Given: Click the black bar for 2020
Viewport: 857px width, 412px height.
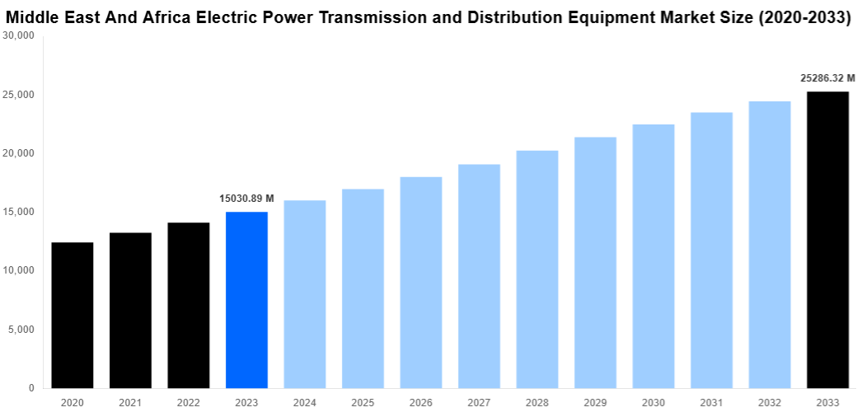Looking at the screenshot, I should click(x=73, y=315).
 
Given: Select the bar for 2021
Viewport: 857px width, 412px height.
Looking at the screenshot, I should click(x=130, y=310).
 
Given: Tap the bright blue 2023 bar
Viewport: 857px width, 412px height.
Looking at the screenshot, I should click(x=246, y=300).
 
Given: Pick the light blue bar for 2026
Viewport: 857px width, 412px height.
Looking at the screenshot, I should click(x=421, y=282).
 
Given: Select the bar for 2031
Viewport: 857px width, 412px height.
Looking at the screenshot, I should click(x=711, y=250).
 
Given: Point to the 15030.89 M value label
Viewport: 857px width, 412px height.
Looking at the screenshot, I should click(x=246, y=199).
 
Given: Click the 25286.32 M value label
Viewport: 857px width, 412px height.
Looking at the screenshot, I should click(x=827, y=78).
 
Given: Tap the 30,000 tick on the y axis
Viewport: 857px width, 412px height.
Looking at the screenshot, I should click(x=18, y=36).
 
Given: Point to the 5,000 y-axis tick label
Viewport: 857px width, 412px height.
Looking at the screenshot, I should click(x=21, y=330).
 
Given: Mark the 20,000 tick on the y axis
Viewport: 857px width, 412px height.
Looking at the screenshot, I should click(x=18, y=153).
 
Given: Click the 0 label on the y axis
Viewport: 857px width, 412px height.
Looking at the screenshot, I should click(x=31, y=388).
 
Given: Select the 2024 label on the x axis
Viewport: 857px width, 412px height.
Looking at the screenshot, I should click(x=304, y=402).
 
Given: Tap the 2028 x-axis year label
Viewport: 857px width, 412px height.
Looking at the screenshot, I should click(x=536, y=402).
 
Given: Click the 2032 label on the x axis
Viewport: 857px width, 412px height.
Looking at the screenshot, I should click(x=769, y=402).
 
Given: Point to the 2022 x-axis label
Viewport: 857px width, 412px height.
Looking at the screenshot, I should click(x=188, y=402).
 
